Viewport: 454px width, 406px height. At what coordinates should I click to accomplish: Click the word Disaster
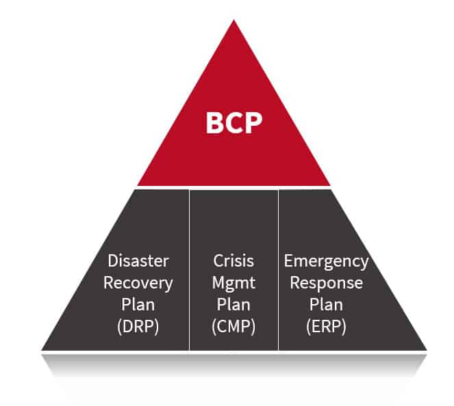(x=138, y=260)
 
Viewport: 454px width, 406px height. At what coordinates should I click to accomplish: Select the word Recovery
(x=138, y=282)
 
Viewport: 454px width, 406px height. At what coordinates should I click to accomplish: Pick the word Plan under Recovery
(x=138, y=304)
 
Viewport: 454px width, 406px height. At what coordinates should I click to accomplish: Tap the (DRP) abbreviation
(x=138, y=326)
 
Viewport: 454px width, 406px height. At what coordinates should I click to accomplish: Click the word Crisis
(x=234, y=260)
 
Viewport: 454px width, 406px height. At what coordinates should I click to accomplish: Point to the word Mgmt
(x=234, y=282)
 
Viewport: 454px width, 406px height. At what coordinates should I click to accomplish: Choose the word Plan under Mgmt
(x=234, y=304)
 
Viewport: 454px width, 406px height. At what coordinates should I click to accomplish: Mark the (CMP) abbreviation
(x=234, y=326)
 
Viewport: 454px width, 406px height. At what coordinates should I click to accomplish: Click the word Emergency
(x=326, y=260)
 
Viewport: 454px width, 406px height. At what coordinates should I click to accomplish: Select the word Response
(x=326, y=282)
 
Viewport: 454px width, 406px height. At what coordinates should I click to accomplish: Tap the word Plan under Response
(x=326, y=304)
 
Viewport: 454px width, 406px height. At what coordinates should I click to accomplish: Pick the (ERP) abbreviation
(x=326, y=326)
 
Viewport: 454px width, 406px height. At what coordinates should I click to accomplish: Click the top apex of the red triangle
(x=234, y=21)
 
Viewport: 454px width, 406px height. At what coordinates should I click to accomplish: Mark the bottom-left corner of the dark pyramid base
(x=43, y=349)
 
